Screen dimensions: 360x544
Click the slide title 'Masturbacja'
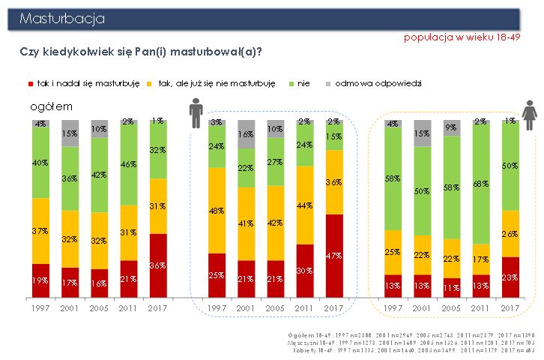coord(63,18)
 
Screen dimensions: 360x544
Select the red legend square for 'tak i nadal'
coord(31,83)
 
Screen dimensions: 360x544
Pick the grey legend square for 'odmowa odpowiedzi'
coord(327,83)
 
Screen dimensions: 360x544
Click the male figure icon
coord(196,114)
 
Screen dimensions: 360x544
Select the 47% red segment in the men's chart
coord(333,256)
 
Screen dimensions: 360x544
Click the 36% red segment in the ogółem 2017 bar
coord(158,265)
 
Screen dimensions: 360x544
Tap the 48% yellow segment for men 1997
coord(217,211)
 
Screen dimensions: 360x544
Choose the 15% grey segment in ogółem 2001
coord(70,133)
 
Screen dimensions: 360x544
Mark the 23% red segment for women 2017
coord(510,277)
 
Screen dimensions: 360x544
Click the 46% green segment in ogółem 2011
coord(128,163)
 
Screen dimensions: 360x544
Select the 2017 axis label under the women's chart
coord(510,307)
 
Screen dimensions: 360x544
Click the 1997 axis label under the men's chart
coord(217,307)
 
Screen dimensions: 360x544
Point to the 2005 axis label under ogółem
coord(99,307)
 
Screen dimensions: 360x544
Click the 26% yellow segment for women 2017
coord(510,233)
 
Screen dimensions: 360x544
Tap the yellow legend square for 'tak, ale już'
coord(151,83)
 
